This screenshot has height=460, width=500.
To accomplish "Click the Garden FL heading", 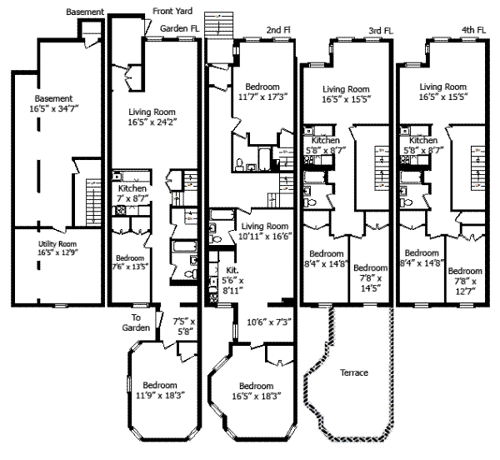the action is [180, 27].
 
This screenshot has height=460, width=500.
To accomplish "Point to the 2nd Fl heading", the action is [278, 30].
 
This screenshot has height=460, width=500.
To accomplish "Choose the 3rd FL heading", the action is [380, 30].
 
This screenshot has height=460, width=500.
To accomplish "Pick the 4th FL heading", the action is [474, 30].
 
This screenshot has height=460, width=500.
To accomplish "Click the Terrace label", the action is [354, 372].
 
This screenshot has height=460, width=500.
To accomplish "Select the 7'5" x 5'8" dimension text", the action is [183, 326].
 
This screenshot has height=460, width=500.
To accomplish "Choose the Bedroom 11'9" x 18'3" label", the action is [158, 390].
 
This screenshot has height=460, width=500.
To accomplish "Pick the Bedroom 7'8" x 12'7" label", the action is [465, 280].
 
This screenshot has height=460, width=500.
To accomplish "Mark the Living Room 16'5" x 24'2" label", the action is [156, 117].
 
